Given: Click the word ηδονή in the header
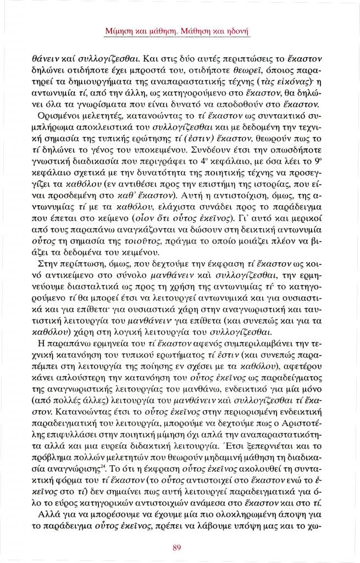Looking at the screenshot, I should [x=237, y=32].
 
